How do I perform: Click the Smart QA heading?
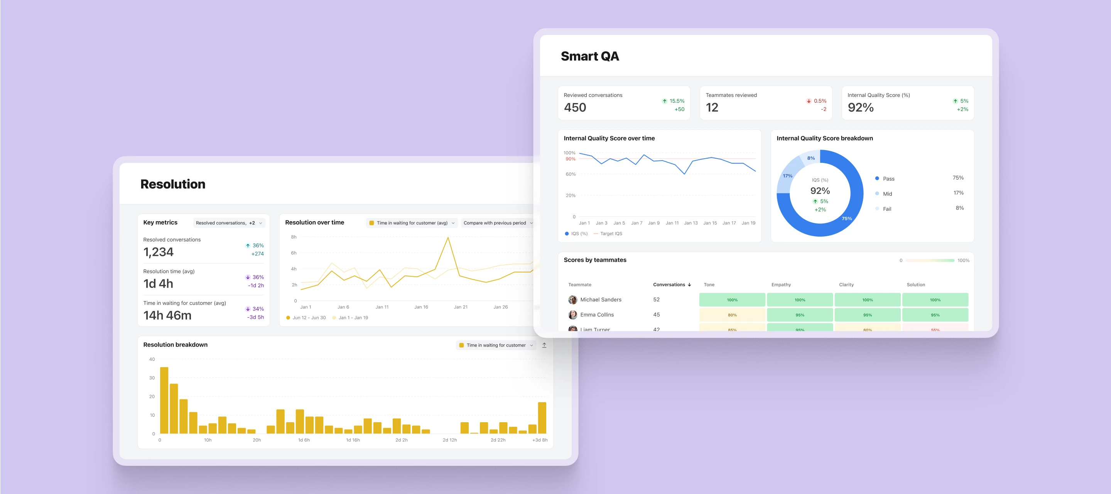[589, 56]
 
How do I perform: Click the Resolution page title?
[172, 184]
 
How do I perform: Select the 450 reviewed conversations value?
[575, 107]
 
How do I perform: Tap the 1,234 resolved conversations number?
[158, 252]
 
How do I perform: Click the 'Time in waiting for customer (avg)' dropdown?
[412, 223]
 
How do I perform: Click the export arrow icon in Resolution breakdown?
[544, 345]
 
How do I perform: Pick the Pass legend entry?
[888, 179]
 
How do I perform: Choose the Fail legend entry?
[887, 209]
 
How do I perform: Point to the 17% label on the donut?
[787, 176]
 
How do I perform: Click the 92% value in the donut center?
[820, 191]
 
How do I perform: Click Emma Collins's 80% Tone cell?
[732, 315]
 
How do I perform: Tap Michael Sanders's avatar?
[573, 300]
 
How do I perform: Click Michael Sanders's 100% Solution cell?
[935, 300]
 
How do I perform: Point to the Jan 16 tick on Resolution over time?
[421, 307]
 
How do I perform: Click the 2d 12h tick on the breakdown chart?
[449, 440]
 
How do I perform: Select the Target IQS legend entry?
[611, 234]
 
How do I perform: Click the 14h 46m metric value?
[167, 315]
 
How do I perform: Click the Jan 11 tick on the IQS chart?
[672, 223]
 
